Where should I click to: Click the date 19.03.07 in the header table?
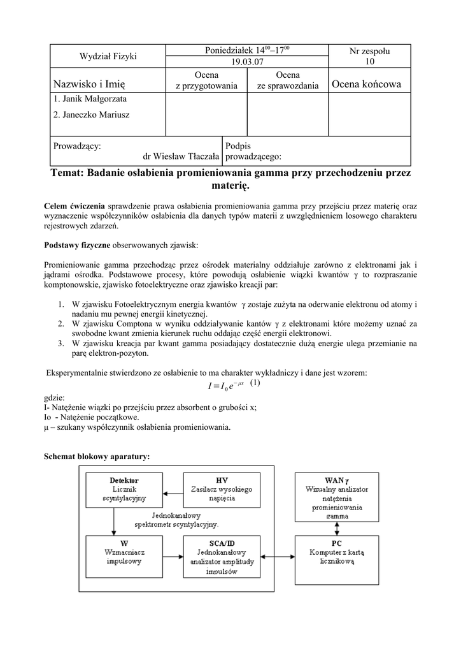pos(247,62)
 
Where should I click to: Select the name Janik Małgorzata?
pos(90,99)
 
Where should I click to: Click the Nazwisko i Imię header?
pos(90,85)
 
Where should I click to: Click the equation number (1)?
pos(255,383)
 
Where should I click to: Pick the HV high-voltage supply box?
pos(222,488)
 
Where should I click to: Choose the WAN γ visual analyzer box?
pos(337,493)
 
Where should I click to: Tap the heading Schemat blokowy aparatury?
pos(97,457)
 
